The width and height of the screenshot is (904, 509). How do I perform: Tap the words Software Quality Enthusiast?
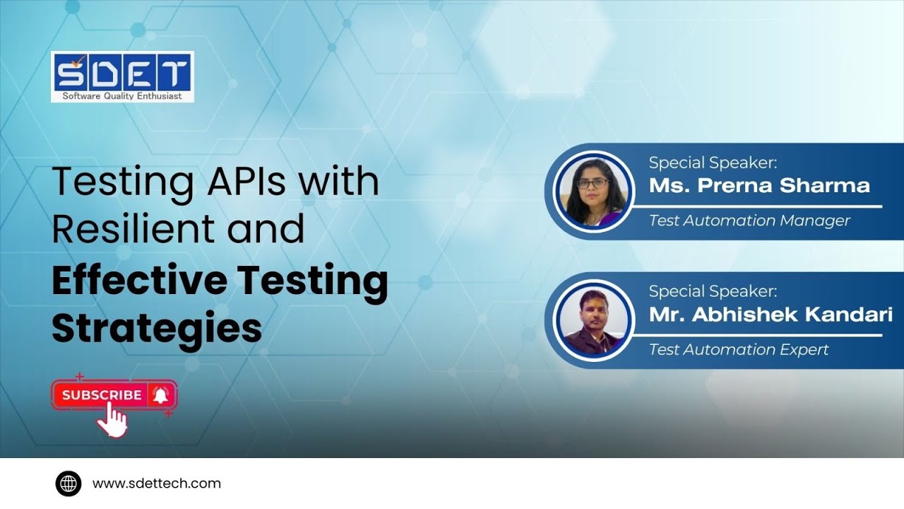(x=122, y=95)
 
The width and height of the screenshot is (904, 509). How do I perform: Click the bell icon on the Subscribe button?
(x=160, y=395)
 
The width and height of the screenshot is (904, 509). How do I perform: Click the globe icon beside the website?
(x=69, y=484)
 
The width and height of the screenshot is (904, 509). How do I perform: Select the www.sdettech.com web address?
(x=157, y=484)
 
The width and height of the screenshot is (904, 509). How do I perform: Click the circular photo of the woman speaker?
(x=592, y=190)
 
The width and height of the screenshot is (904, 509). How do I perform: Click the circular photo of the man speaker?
(x=592, y=319)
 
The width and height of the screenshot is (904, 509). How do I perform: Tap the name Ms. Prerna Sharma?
(x=759, y=186)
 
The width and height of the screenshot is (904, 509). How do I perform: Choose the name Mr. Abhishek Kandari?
(x=771, y=315)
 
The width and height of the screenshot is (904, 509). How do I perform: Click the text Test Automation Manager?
(x=749, y=221)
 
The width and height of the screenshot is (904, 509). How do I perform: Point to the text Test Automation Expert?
(x=739, y=349)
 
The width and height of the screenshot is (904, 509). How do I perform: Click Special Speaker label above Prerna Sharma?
(x=713, y=163)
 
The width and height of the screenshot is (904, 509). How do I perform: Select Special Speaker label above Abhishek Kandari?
(x=713, y=291)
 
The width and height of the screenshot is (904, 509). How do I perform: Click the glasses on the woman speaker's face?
(x=592, y=183)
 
